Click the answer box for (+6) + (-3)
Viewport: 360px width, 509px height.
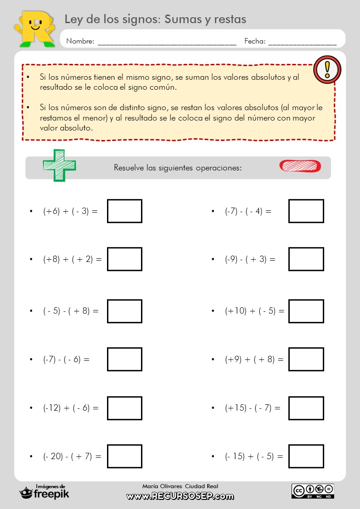pyautogui.click(x=125, y=211)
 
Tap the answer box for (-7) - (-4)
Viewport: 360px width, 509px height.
pyautogui.click(x=306, y=211)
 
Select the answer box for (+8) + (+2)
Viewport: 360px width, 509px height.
pyautogui.click(x=125, y=259)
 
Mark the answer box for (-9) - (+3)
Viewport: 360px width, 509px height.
pyautogui.click(x=306, y=259)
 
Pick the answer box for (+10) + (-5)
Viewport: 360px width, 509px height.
pyautogui.click(x=306, y=311)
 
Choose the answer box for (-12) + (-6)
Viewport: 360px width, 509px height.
pyautogui.click(x=125, y=408)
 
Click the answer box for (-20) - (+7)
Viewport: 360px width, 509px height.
pyautogui.click(x=125, y=456)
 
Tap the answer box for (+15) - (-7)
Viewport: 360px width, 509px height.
pyautogui.click(x=306, y=408)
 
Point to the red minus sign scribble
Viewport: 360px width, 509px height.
pyautogui.click(x=300, y=166)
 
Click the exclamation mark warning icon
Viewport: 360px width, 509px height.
pyautogui.click(x=327, y=69)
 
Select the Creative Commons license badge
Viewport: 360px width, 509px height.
pyautogui.click(x=313, y=491)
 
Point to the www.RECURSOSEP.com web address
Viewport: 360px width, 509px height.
pyautogui.click(x=180, y=496)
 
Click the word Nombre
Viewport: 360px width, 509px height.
pyautogui.click(x=80, y=41)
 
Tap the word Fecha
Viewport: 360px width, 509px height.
pyautogui.click(x=255, y=41)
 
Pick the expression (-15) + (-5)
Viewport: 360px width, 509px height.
pyautogui.click(x=254, y=456)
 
